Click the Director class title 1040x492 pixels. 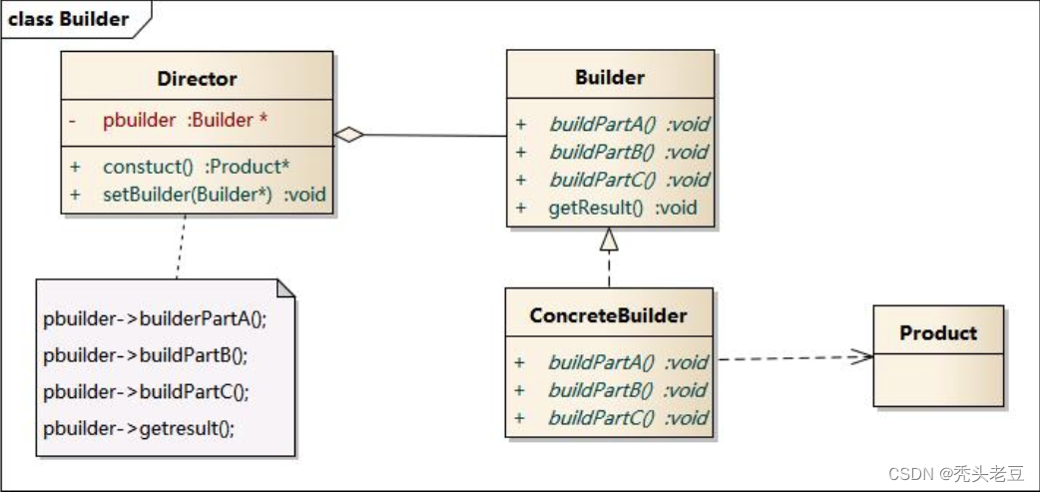point(197,78)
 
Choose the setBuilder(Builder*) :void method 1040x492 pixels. point(214,195)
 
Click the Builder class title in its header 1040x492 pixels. point(610,77)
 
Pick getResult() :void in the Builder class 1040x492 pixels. point(622,209)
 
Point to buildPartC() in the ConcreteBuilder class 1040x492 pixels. point(627,418)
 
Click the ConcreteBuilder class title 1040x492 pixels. point(608,315)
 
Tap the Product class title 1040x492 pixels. point(938,332)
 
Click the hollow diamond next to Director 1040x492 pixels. point(348,136)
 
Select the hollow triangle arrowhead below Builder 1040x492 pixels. point(609,240)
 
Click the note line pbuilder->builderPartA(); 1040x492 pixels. point(156,320)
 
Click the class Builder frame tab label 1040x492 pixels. point(69,19)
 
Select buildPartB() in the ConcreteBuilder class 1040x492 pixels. point(627,390)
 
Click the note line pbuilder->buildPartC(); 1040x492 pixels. point(146,392)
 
